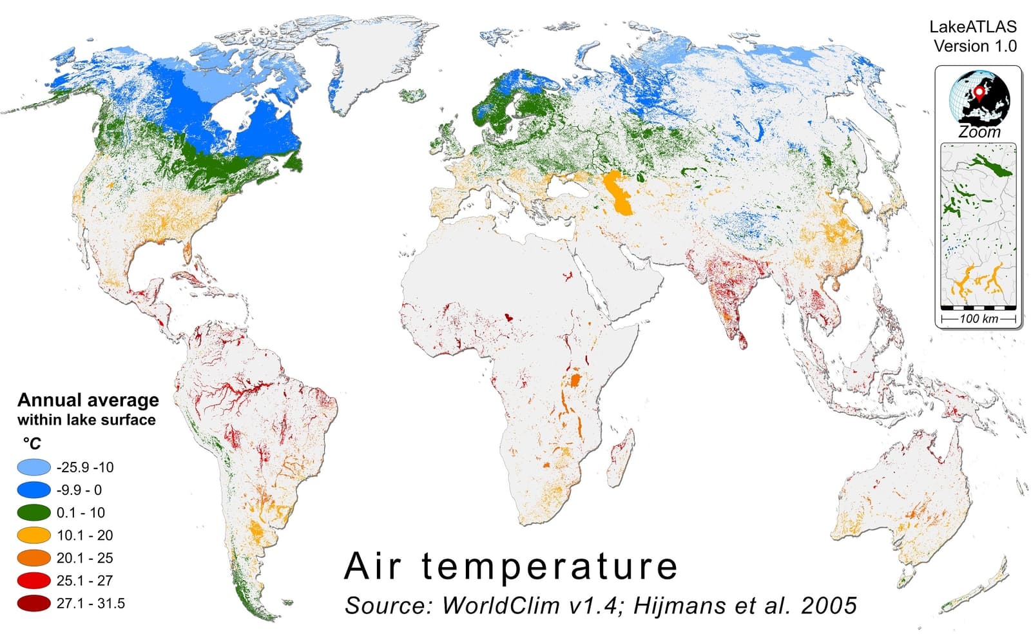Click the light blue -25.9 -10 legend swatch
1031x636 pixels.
34,467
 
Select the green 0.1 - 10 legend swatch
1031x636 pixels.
34,512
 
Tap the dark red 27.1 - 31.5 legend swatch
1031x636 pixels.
34,603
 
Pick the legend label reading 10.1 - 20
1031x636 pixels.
84,535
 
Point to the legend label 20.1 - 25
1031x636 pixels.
84,557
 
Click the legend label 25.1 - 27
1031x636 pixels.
84,580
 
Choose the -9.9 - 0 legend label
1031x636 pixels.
79,490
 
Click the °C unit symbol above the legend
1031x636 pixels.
32,443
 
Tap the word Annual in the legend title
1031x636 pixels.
49,400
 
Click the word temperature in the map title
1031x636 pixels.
549,566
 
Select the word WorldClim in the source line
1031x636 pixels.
496,605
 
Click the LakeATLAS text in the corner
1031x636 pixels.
972,26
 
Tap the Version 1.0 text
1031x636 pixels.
975,46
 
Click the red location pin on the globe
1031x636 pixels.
979,93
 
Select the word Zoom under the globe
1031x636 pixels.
979,132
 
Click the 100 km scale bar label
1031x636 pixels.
978,318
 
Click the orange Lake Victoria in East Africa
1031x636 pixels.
575,378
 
